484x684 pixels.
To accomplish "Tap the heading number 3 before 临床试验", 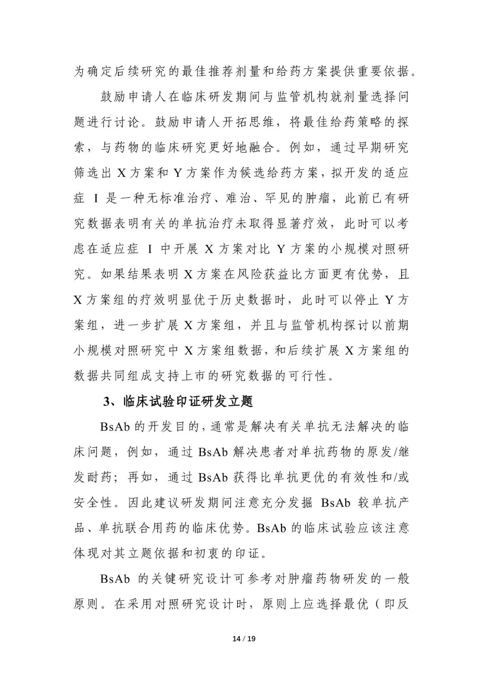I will click(107, 402).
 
